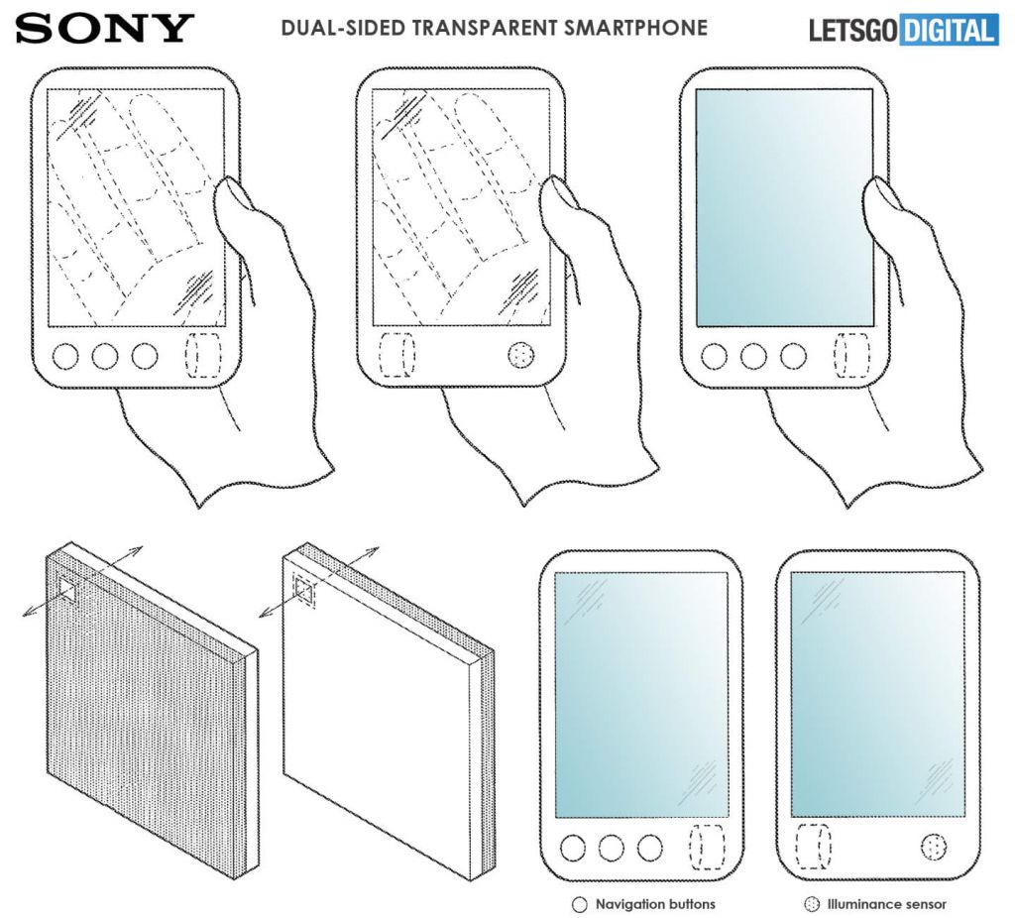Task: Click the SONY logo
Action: pos(104,29)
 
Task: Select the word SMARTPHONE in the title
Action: pos(635,28)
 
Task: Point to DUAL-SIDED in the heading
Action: pos(344,28)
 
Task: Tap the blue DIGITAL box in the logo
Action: pos(949,31)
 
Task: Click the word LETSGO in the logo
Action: pos(853,31)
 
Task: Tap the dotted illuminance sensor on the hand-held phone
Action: pos(521,356)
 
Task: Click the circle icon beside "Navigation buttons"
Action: pos(579,904)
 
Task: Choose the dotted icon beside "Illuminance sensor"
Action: pos(811,904)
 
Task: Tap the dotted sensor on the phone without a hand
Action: pos(934,847)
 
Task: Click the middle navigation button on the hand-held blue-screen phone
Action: pos(753,356)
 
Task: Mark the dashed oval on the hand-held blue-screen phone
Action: pos(850,355)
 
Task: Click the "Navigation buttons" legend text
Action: pos(655,904)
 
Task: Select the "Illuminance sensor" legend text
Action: pos(887,904)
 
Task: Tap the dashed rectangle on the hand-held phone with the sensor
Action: pos(396,355)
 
